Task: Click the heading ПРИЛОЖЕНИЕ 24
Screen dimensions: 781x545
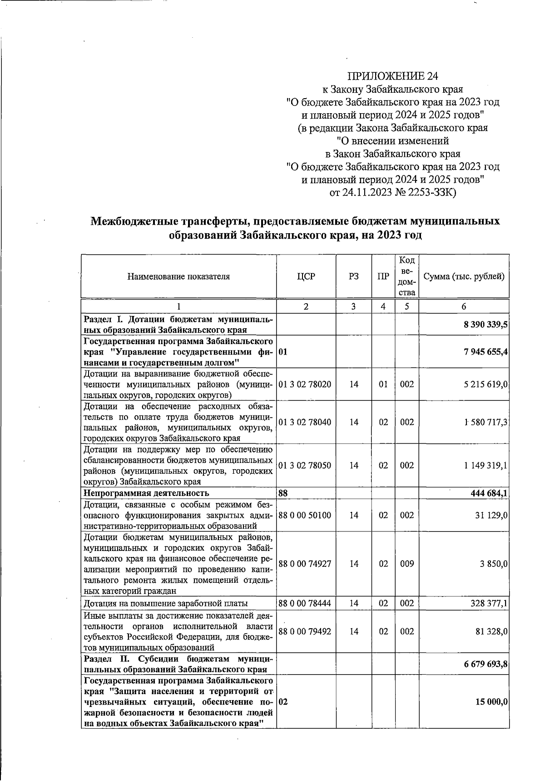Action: point(393,75)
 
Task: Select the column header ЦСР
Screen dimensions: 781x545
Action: point(306,276)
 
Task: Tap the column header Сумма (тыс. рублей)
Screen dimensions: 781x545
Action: point(464,276)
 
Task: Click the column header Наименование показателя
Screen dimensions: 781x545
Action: point(178,276)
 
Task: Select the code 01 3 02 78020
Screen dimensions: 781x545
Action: point(305,384)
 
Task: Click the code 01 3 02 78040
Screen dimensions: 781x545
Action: point(305,422)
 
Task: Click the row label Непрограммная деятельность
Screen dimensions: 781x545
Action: point(146,493)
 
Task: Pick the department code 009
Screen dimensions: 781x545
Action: point(407,564)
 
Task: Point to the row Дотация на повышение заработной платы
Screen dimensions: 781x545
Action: point(165,604)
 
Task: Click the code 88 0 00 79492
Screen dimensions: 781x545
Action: point(305,631)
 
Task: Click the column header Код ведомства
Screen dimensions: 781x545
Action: point(407,276)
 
